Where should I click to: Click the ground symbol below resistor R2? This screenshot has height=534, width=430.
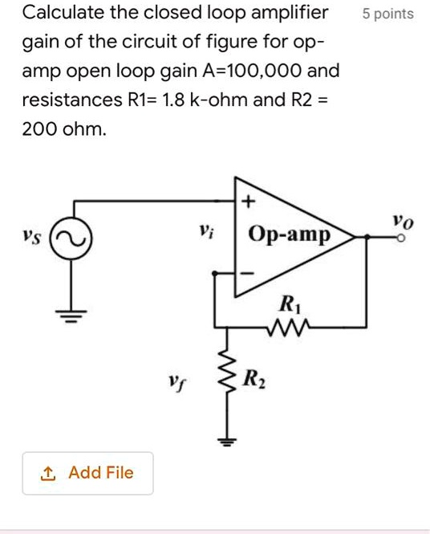coord(227,439)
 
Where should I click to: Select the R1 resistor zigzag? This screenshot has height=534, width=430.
coord(286,327)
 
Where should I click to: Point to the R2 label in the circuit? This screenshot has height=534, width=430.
coord(251,378)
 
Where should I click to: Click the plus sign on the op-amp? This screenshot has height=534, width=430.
coord(246,202)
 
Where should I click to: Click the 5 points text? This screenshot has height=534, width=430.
coord(387,14)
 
